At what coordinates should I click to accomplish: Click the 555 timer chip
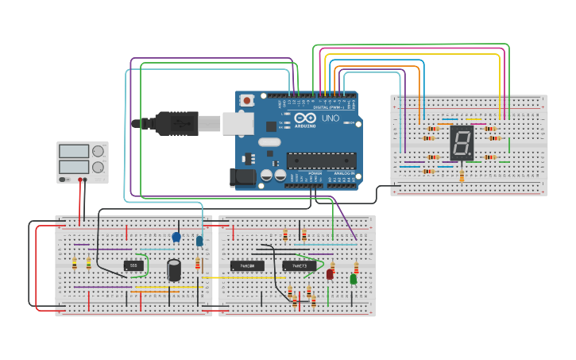pos(133,265)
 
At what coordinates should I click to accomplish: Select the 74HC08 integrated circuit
pos(247,265)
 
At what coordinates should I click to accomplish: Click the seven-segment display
pos(461,142)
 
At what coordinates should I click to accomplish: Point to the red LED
pos(330,274)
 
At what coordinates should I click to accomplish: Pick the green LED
pos(353,278)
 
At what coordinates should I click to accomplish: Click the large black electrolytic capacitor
pos(174,270)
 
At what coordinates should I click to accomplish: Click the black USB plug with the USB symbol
pos(176,123)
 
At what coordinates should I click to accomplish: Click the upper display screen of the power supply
pos(74,151)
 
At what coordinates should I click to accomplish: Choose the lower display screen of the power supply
pos(74,167)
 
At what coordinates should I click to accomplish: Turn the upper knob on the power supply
pos(98,151)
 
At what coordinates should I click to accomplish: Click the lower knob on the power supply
pos(98,167)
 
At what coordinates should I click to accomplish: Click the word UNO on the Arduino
pos(330,118)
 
